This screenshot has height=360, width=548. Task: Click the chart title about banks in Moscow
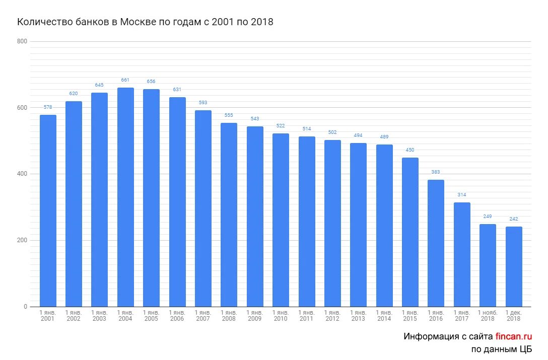145,22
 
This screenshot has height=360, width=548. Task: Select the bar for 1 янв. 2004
125,197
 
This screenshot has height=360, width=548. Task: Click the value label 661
125,80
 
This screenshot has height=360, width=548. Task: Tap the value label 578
48,107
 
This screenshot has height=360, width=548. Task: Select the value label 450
410,150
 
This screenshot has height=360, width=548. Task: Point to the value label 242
514,219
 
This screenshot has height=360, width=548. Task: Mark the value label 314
462,195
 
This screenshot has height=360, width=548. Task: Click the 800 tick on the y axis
22,41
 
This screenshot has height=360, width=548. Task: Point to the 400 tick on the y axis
22,174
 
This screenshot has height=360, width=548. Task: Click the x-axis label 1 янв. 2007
203,316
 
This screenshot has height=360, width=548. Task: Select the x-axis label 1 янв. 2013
358,316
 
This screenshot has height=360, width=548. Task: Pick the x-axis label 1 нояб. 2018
488,316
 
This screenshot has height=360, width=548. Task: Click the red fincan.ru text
514,336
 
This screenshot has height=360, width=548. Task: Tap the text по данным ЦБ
502,349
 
